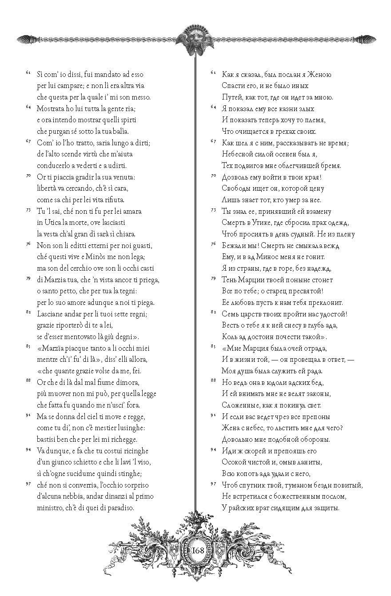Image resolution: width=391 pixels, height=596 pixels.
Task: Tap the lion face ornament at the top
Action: coord(196,39)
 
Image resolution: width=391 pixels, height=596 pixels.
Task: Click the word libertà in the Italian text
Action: coord(48,188)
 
